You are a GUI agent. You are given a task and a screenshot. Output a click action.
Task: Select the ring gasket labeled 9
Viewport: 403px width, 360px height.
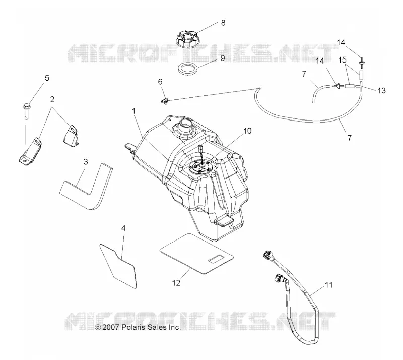tap(188, 69)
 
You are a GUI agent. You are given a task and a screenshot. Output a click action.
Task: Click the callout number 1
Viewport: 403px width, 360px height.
tap(133, 111)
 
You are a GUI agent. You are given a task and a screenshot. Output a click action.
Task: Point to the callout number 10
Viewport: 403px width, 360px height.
tap(247, 131)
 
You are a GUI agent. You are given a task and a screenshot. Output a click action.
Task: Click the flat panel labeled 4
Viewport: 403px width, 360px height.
tap(118, 266)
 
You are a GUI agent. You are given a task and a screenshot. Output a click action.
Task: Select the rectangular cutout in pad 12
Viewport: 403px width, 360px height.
tap(217, 259)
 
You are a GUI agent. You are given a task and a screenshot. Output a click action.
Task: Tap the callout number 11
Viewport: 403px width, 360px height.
tap(329, 285)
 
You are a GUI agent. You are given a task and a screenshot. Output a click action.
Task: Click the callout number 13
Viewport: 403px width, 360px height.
tap(381, 91)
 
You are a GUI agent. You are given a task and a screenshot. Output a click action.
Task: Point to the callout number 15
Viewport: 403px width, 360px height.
tap(342, 60)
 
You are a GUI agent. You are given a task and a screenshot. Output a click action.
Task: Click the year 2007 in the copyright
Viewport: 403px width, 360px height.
tap(110, 327)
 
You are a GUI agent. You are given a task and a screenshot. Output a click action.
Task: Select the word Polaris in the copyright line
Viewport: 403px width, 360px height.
tap(131, 327)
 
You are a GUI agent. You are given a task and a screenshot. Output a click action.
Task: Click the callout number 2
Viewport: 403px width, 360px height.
tap(52, 99)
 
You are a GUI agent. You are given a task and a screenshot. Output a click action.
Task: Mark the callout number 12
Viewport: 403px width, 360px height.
tap(176, 283)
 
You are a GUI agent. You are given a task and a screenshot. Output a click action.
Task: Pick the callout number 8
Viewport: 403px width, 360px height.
tap(223, 23)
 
